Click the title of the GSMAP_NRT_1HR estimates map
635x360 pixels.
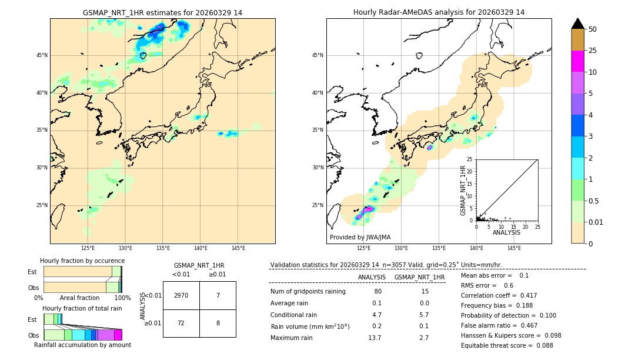[162, 12]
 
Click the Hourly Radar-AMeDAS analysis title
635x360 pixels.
[439, 12]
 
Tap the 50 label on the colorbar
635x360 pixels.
[593, 29]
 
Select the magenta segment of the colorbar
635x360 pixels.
[578, 61]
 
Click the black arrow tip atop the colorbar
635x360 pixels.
[578, 23]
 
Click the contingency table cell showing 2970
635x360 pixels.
[181, 295]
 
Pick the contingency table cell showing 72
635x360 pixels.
[181, 324]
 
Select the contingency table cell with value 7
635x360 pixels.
[218, 295]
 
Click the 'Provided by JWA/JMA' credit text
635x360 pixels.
[360, 237]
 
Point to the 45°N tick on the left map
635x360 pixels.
[42, 55]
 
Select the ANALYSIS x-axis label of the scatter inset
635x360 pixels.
[506, 232]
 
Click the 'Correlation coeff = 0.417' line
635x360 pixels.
[498, 295]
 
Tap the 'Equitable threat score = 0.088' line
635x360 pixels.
[507, 345]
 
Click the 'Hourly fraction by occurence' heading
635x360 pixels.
[82, 261]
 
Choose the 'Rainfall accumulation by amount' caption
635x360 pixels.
[82, 345]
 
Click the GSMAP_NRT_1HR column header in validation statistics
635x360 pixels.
[419, 277]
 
